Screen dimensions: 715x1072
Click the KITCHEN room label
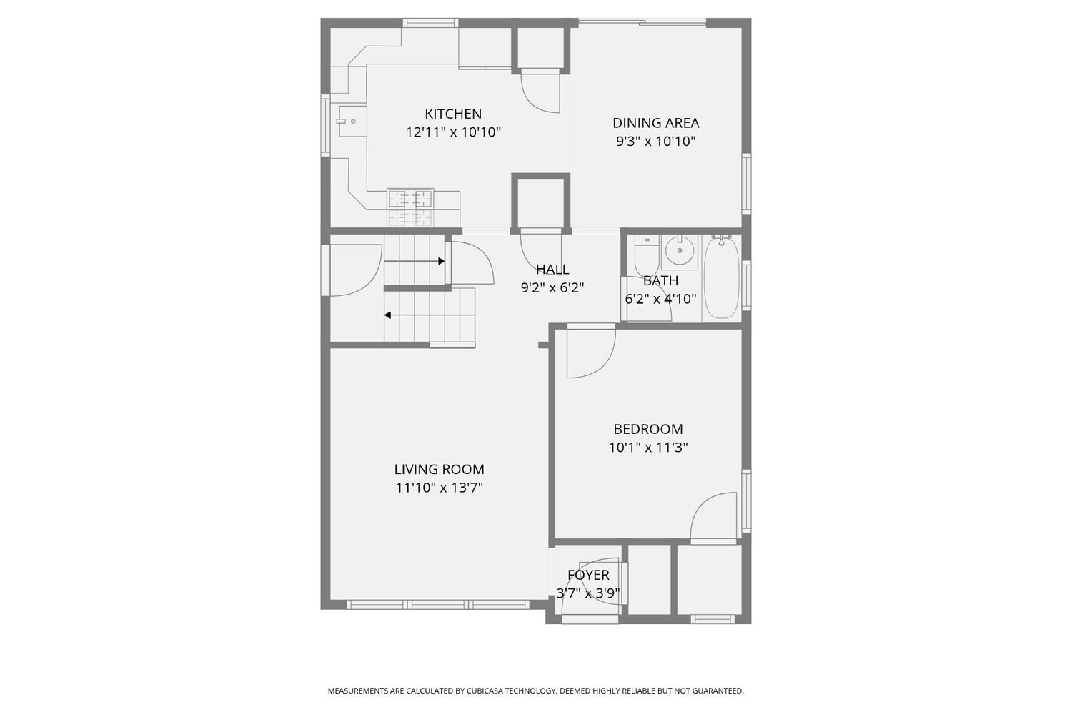[453, 114]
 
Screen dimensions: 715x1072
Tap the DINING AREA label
[655, 123]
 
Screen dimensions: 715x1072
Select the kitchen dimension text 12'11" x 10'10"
[453, 132]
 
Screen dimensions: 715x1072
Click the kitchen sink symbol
[351, 121]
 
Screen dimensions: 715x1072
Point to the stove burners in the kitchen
[410, 198]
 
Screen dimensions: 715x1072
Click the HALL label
[552, 270]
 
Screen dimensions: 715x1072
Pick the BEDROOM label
[648, 429]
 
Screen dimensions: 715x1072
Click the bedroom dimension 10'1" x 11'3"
[648, 448]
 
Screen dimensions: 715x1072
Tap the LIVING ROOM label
[439, 470]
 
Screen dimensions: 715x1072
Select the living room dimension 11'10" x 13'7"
[439, 488]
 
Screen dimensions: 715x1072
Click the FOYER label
[588, 575]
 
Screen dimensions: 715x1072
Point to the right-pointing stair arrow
[441, 262]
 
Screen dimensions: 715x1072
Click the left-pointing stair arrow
[388, 315]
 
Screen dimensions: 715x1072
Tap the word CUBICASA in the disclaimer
[487, 691]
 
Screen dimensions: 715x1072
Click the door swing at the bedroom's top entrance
[589, 354]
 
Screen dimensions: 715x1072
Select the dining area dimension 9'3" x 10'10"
[655, 142]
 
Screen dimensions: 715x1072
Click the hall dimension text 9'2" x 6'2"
[552, 288]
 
